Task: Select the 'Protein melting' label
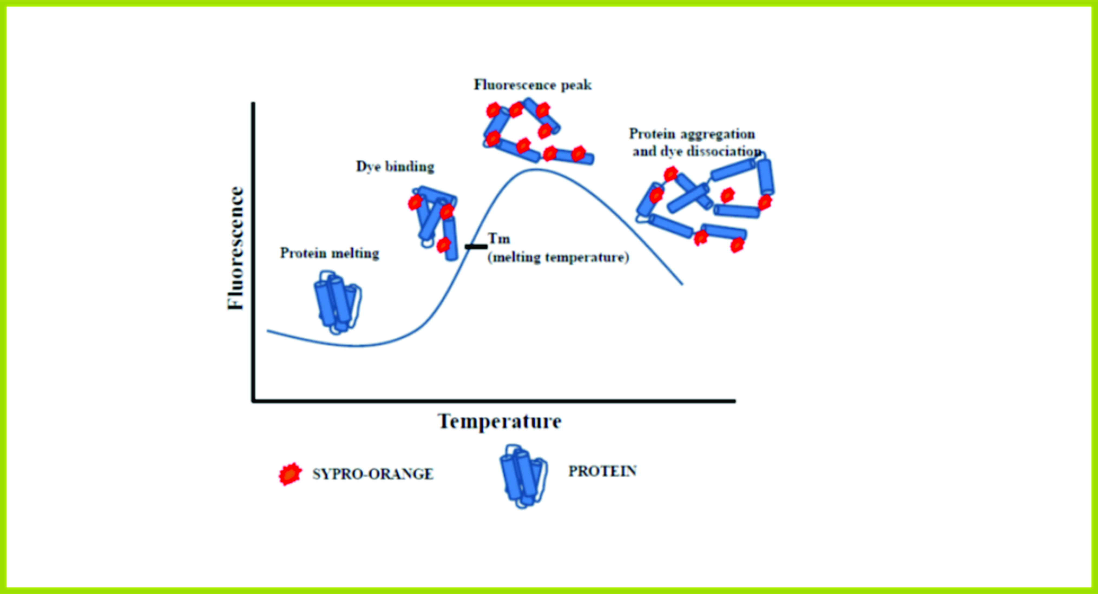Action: pos(330,253)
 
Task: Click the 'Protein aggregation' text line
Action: pos(692,134)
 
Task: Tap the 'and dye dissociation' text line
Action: pos(696,151)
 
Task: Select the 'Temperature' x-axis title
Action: pos(499,421)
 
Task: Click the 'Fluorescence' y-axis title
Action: pos(236,248)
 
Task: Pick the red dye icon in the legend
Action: pos(290,474)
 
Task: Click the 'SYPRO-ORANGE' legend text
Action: pos(373,474)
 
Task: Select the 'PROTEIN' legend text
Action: pos(603,471)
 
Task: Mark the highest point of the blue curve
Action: pos(535,170)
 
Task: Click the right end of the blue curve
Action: pos(682,284)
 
